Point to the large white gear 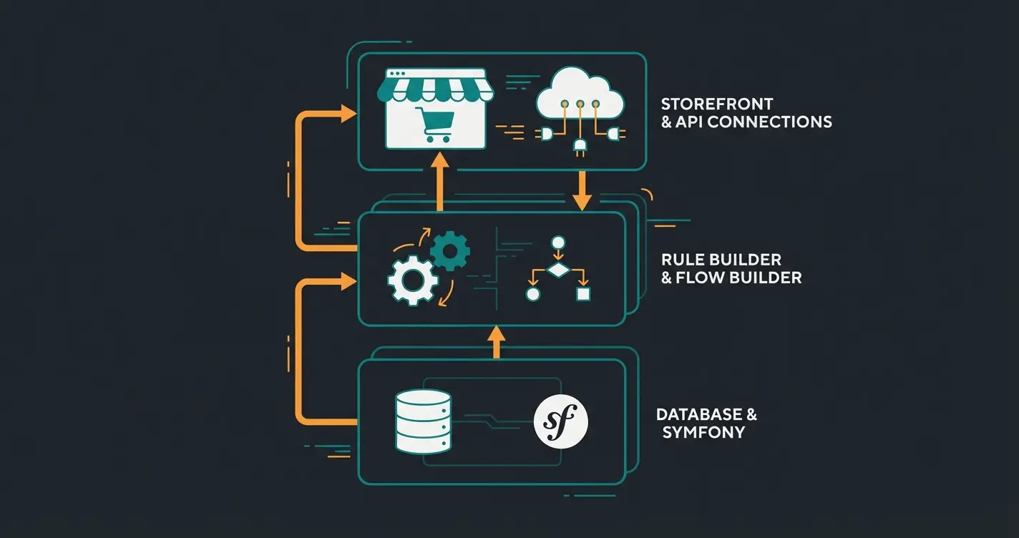pos(413,281)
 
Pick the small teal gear pos(449,250)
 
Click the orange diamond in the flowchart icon pos(557,270)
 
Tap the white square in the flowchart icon pos(582,294)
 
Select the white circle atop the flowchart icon pos(557,242)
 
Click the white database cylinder pos(423,422)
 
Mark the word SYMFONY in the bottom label pos(704,432)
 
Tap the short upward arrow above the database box pos(495,341)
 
